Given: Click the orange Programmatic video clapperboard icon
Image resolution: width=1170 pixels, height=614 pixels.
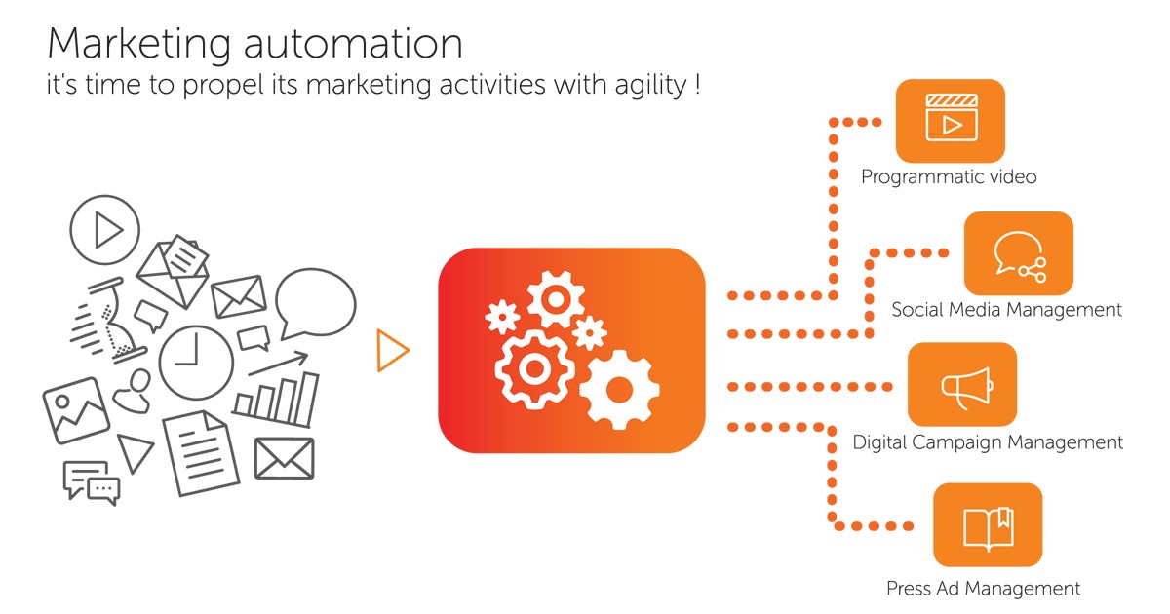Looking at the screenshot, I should [x=950, y=120].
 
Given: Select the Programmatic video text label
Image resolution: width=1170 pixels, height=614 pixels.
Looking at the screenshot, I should [x=948, y=177].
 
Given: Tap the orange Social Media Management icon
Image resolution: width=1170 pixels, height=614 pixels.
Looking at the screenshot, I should [x=1018, y=253].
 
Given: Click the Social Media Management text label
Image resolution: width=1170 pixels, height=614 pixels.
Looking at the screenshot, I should [x=1006, y=310].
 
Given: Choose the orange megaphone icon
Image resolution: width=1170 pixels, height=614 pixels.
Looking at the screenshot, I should [x=961, y=384].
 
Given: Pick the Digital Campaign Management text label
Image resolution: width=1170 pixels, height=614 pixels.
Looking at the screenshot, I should [x=988, y=442].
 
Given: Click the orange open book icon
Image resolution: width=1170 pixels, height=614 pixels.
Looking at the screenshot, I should [x=987, y=524].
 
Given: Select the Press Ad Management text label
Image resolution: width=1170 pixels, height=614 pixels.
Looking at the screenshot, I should [x=983, y=589].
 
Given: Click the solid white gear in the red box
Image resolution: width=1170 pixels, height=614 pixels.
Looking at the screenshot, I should [x=618, y=389].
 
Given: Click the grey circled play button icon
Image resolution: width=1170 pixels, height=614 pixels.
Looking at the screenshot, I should [x=105, y=230].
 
